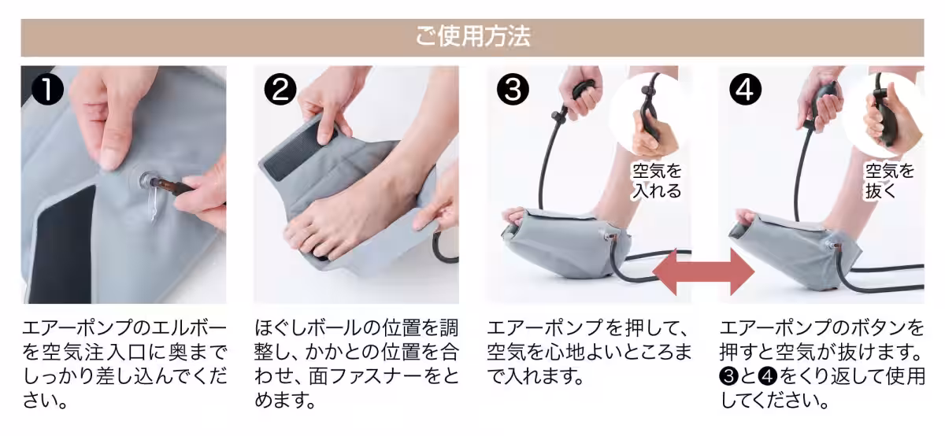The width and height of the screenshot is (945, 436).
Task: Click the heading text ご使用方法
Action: [472, 37]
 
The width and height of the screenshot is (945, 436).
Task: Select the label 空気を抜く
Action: [890, 180]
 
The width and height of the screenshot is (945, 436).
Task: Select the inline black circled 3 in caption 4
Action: [728, 376]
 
